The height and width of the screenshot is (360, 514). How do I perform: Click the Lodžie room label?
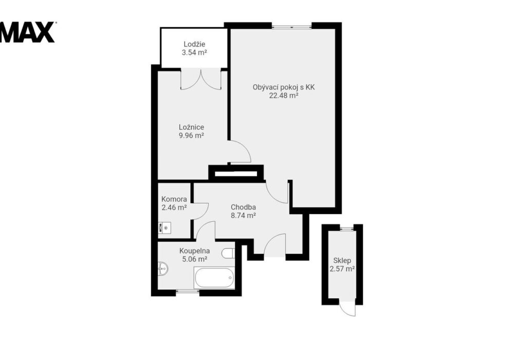coord(194,44)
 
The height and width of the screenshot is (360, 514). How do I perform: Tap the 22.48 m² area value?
coord(284,96)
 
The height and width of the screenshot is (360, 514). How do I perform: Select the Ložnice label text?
coord(191,127)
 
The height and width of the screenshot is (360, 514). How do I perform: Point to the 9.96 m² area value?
coord(191,135)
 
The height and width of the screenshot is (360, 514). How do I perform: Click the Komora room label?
coord(174,199)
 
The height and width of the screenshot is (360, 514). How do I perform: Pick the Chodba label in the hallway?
coord(243,207)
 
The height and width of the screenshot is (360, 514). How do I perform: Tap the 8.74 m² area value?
coord(243,215)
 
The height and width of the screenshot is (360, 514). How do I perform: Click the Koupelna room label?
coord(194,251)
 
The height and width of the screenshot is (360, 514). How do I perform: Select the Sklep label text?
coord(342,261)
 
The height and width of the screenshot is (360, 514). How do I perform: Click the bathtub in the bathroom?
coord(214,278)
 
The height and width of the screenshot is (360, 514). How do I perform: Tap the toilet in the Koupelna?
coord(228,253)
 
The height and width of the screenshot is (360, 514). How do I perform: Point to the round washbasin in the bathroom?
coord(163,269)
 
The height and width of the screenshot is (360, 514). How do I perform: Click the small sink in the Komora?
coord(164,227)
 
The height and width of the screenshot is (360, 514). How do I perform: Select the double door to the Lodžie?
coord(201,79)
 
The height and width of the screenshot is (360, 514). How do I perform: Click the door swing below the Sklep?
coord(347,309)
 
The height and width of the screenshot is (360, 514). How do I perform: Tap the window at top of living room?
coord(291,27)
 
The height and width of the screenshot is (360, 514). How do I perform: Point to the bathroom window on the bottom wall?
coord(188,291)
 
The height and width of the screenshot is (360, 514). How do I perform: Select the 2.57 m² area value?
coord(342,269)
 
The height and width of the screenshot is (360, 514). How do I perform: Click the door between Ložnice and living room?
coord(240,152)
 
